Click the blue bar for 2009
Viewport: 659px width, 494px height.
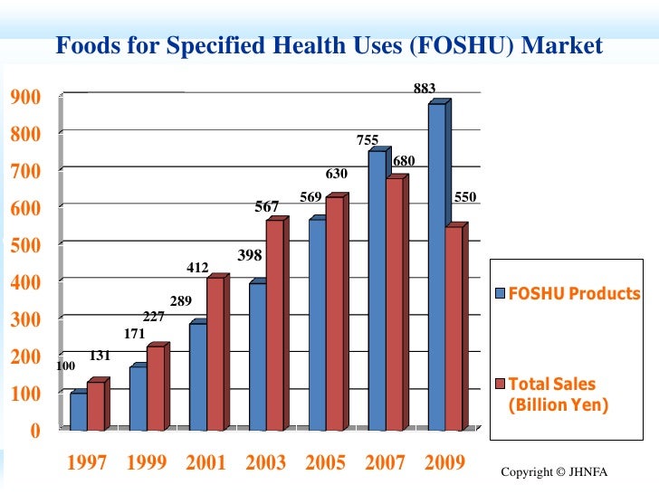pyautogui.click(x=437, y=267)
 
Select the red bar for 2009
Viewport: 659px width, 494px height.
pyautogui.click(x=454, y=328)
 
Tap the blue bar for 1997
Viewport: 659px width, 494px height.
pyautogui.click(x=79, y=412)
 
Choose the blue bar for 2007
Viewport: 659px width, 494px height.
pyautogui.click(x=377, y=290)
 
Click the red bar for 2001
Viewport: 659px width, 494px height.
pyautogui.click(x=215, y=354)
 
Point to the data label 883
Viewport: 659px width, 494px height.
pyautogui.click(x=425, y=89)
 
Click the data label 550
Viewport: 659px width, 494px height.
pyautogui.click(x=464, y=196)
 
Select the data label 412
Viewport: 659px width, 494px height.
pyautogui.click(x=197, y=268)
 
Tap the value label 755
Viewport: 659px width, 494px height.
pyautogui.click(x=367, y=140)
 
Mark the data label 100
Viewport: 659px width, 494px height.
pyautogui.click(x=65, y=366)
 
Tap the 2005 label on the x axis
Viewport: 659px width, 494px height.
pyautogui.click(x=325, y=463)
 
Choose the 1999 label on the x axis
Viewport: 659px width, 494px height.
pyautogui.click(x=146, y=463)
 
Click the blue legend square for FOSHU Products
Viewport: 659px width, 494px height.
pyautogui.click(x=499, y=293)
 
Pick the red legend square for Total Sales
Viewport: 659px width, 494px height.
pyautogui.click(x=499, y=385)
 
